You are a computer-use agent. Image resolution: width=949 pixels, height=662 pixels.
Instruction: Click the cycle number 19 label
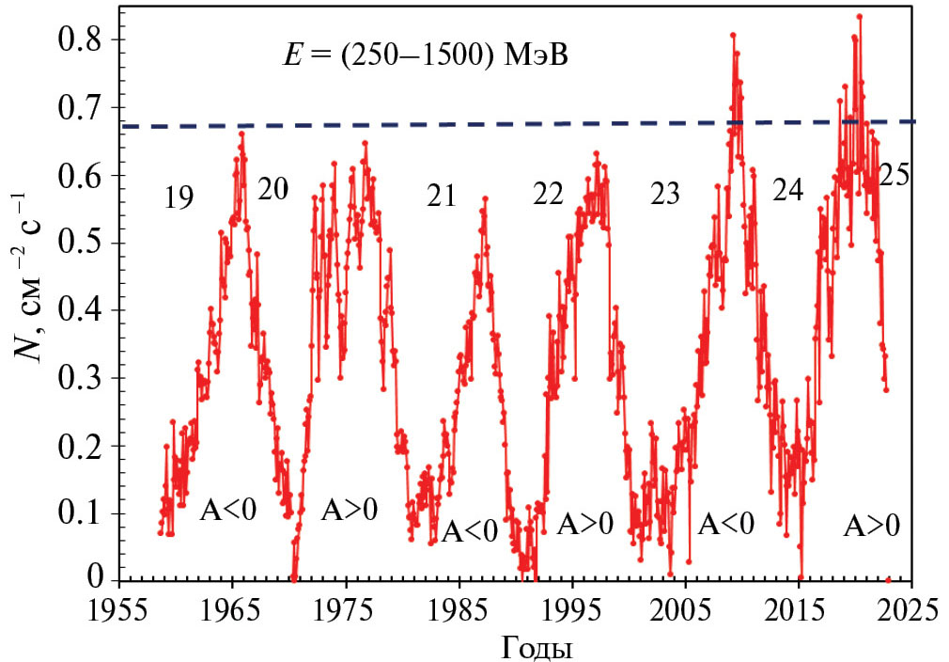(x=178, y=197)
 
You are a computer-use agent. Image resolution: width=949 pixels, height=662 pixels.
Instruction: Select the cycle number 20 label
(x=272, y=189)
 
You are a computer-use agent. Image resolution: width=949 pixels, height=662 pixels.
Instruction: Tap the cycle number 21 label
(x=440, y=197)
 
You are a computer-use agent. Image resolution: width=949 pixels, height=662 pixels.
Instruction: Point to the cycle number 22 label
(x=548, y=195)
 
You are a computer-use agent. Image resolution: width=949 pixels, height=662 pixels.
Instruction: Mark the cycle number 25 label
(x=893, y=176)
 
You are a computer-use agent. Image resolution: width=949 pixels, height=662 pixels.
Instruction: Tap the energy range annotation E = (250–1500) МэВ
(x=428, y=55)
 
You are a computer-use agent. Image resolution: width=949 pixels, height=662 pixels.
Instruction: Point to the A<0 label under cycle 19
(x=228, y=511)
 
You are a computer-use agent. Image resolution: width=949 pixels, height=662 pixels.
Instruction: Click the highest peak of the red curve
(x=859, y=16)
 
